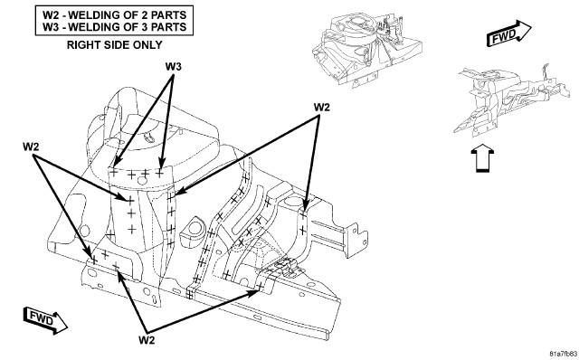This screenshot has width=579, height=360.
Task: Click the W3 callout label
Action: click(173, 67)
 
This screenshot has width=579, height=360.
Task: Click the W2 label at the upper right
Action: click(322, 107)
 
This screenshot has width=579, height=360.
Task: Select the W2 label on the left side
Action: click(31, 147)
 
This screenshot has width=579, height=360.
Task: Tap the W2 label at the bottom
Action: click(147, 340)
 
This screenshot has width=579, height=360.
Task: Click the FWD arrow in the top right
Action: click(508, 33)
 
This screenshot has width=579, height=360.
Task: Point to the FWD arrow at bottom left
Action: click(45, 320)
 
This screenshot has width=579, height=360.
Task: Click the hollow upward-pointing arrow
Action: click(482, 159)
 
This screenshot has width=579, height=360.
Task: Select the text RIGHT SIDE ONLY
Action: click(115, 45)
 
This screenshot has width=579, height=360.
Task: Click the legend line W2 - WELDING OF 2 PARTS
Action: click(115, 15)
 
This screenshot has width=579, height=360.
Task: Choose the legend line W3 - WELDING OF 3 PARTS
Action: click(115, 27)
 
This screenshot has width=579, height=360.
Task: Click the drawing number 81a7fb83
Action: click(563, 353)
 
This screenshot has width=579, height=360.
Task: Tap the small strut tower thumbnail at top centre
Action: click(367, 49)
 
